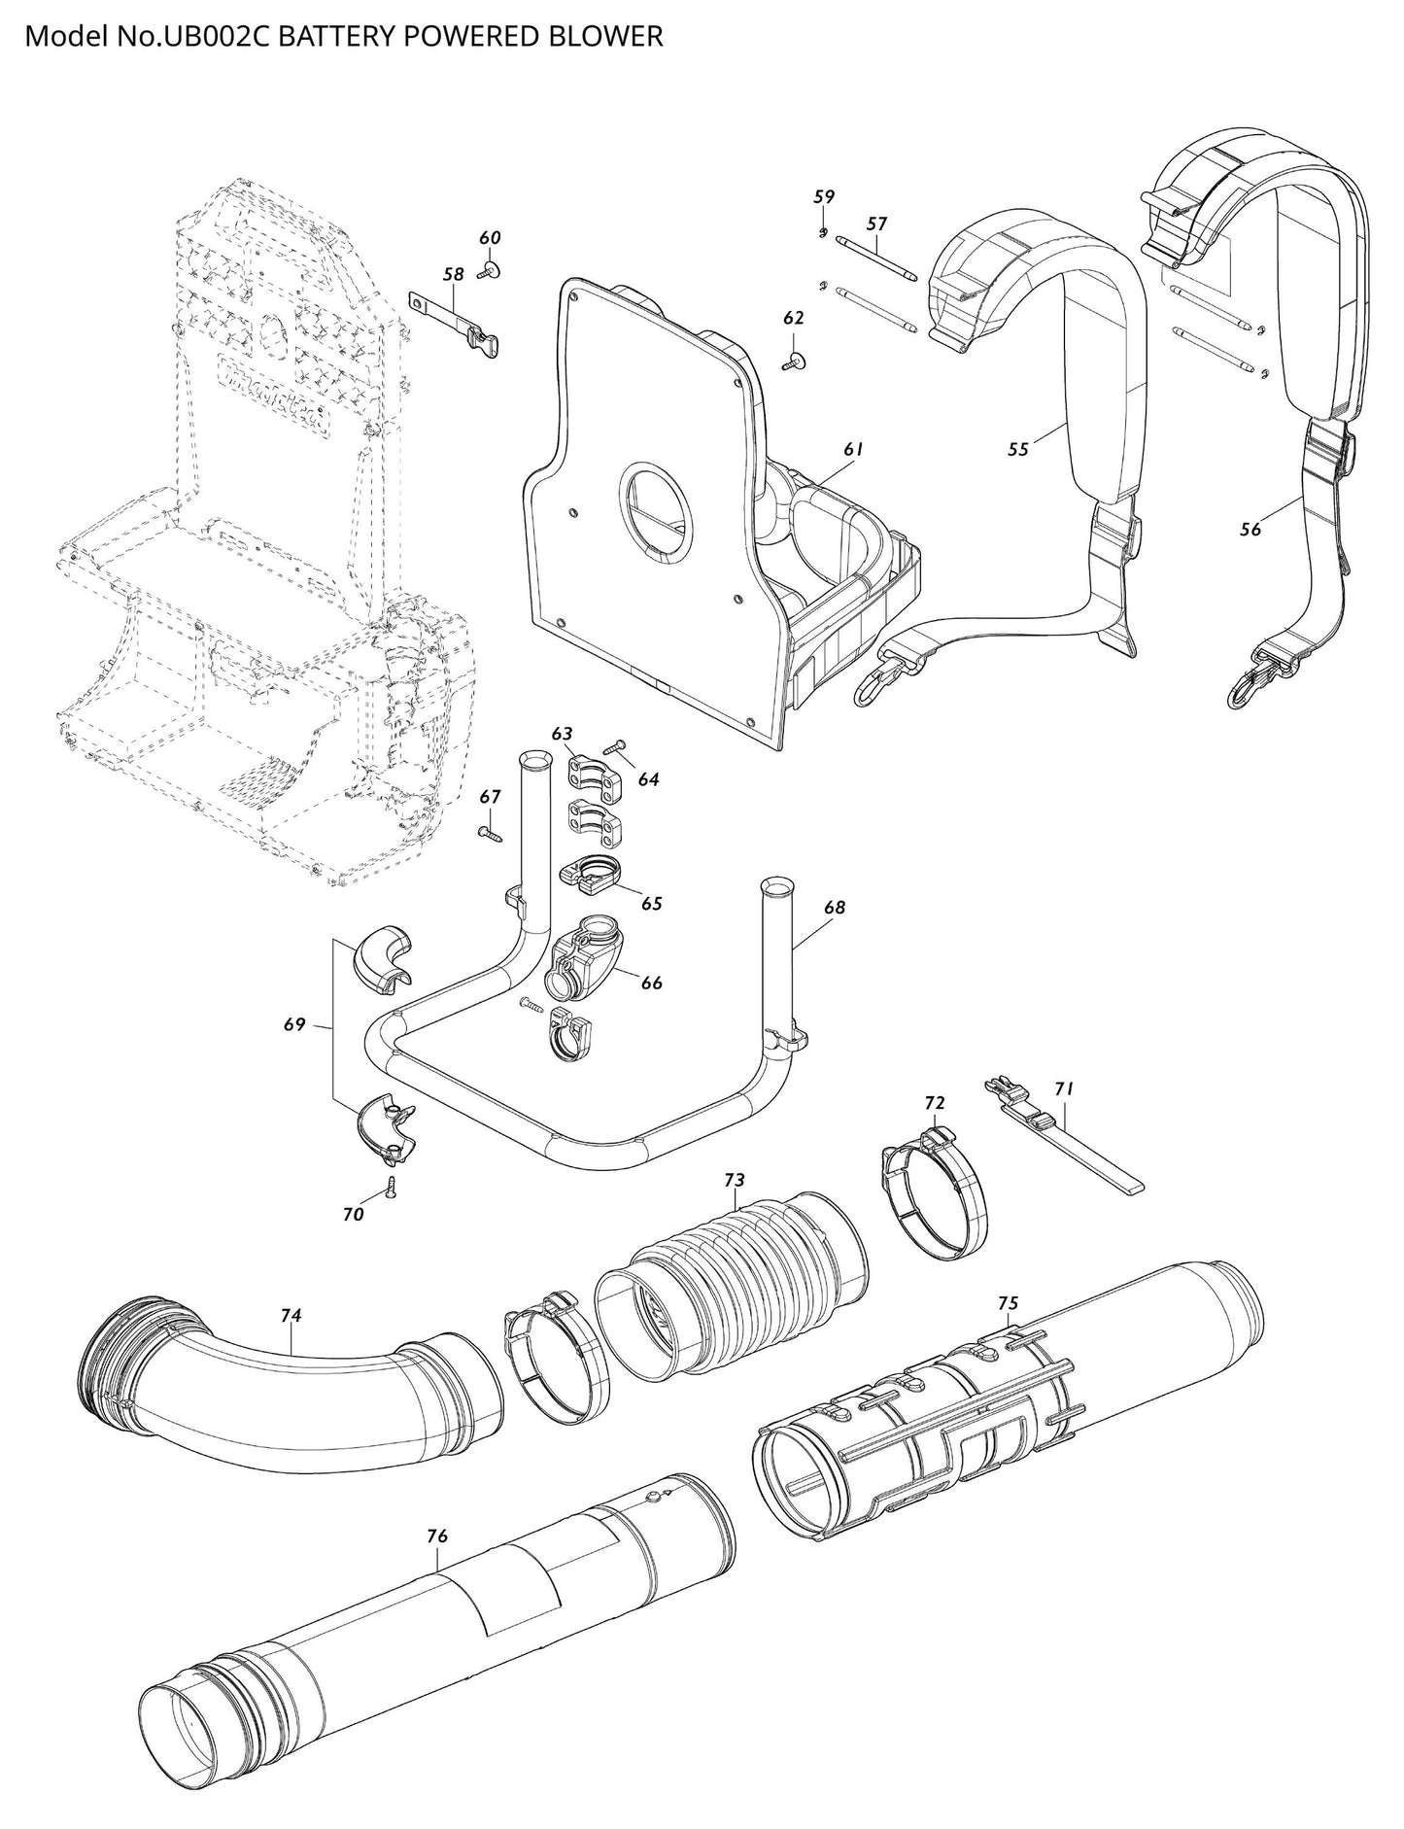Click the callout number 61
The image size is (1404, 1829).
(853, 449)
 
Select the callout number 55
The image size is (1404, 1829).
(1018, 449)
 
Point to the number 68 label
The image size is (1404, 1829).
(834, 908)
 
